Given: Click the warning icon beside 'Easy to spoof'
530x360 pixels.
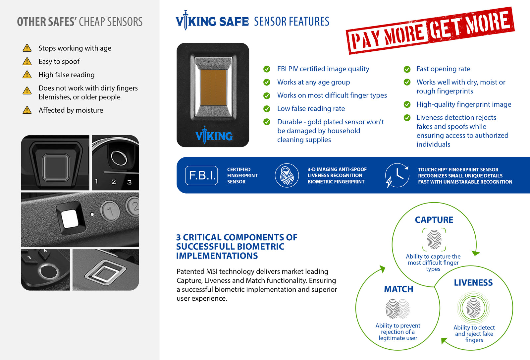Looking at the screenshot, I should [27, 62].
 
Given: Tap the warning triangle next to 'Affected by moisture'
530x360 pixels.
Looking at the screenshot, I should [27, 110].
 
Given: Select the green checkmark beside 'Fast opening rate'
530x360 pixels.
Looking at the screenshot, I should [407, 69].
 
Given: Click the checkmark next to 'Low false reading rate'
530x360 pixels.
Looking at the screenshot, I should [267, 109].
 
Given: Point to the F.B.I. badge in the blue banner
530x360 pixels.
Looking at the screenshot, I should [201, 175].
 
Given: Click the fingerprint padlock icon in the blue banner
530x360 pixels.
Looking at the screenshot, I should [287, 175].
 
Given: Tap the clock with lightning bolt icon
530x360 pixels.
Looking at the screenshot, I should [397, 175].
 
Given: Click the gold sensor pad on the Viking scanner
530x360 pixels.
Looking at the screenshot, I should [213, 86].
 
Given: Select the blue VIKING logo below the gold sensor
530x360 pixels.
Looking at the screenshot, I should [214, 136].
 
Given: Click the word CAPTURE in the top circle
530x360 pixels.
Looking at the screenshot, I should [434, 220].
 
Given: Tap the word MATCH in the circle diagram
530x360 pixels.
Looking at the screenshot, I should [398, 289].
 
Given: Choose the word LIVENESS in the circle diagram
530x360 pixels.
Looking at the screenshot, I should [473, 283].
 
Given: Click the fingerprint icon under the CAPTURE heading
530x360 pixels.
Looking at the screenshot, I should [434, 240].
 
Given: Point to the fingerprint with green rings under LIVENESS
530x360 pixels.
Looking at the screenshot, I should [473, 308].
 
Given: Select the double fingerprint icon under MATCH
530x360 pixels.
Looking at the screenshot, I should [397, 309].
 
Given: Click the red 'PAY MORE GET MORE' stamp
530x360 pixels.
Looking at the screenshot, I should [430, 30].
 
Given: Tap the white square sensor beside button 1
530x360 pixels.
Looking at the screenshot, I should [70, 219].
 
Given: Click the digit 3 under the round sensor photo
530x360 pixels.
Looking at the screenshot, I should [130, 182].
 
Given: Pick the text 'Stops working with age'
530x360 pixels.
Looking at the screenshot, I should [75, 48].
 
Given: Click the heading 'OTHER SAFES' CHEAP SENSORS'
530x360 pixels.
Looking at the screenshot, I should [80, 22].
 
